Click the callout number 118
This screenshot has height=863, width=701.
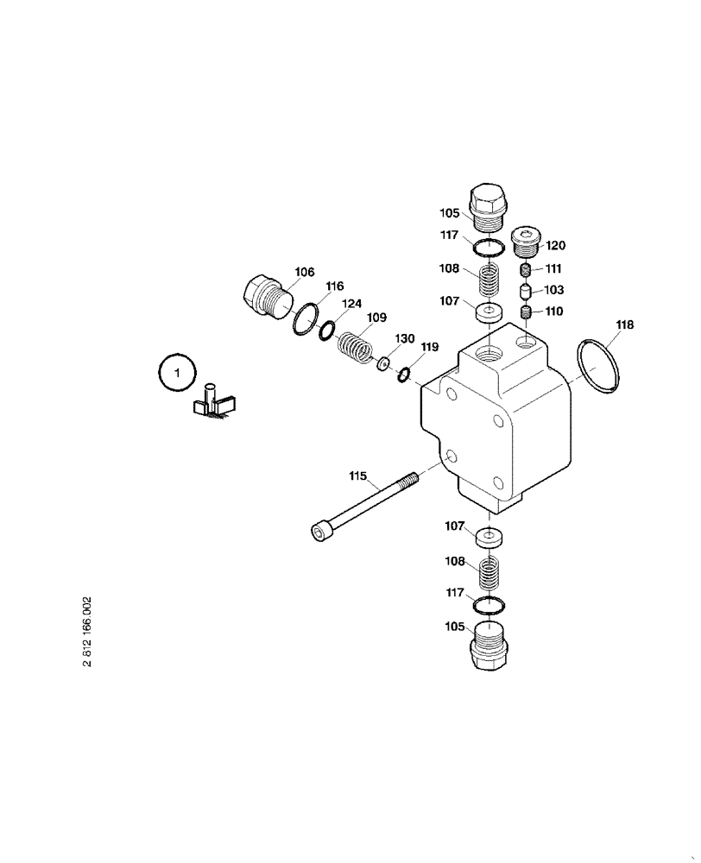click(624, 325)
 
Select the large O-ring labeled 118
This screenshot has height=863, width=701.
click(597, 367)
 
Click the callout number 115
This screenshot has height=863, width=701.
click(357, 476)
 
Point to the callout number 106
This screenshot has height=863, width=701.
click(304, 273)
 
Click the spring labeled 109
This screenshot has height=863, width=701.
click(353, 347)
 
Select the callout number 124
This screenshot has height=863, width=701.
click(350, 304)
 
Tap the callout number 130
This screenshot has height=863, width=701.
click(405, 337)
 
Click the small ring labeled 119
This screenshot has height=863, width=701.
click(403, 374)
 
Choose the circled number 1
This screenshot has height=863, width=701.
click(178, 373)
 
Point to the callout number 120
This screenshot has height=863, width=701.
click(555, 245)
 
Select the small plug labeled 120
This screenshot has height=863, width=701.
click(526, 240)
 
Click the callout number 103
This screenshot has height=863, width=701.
click(553, 290)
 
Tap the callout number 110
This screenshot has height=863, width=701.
click(553, 312)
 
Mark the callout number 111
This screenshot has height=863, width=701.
click(553, 268)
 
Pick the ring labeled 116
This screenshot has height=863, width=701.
click(304, 319)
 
